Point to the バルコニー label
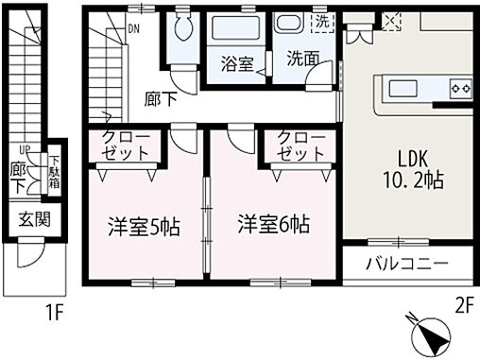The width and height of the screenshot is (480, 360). click(406, 264)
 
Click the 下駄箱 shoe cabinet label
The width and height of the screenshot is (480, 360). click(55, 172)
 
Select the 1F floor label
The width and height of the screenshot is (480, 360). click(55, 308)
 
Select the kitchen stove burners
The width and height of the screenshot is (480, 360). click(461, 89)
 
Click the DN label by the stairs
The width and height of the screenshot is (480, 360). click(134, 27)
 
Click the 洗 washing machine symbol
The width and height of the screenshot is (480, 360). click(322, 22)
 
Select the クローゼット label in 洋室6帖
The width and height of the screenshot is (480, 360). click(301, 146)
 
